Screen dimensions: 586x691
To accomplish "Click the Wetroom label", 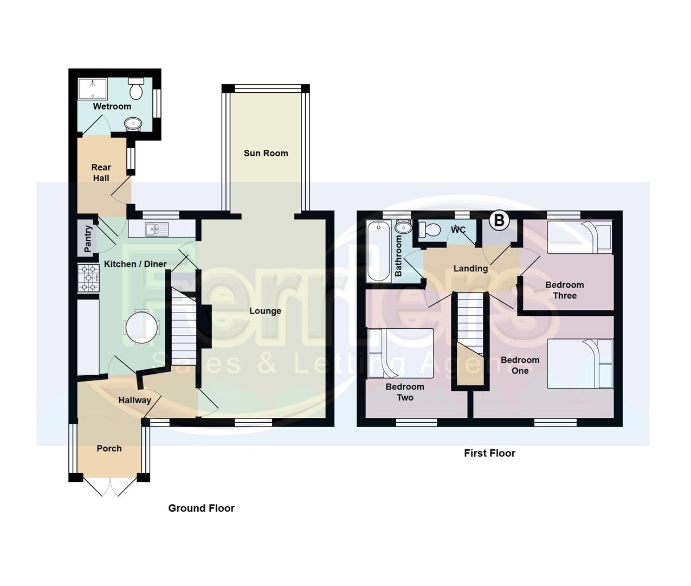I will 112,106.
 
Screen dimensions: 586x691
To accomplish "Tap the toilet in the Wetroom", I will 136,88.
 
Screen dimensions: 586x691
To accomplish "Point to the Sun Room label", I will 266,153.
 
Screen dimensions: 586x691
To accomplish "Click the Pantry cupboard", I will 87,238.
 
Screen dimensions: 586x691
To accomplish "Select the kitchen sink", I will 157,229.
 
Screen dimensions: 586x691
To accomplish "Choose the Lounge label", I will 265,311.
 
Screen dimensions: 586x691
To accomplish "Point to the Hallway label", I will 134,400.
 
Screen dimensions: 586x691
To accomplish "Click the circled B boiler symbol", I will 499,220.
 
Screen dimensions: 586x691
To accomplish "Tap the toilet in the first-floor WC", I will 429,230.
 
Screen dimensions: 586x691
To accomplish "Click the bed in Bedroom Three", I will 579,238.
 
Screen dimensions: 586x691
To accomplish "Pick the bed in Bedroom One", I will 579,364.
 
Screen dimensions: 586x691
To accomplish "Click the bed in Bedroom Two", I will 400,353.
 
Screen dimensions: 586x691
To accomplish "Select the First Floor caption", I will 489,453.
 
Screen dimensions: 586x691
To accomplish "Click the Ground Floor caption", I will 201,508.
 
